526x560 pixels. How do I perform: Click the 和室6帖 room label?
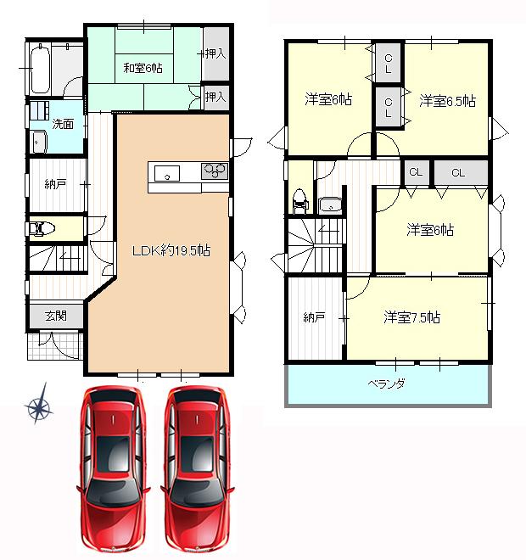tap(143, 68)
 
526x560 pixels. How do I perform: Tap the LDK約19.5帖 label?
tap(171, 250)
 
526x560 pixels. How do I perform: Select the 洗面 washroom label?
tap(63, 124)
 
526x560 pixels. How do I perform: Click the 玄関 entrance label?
tap(56, 316)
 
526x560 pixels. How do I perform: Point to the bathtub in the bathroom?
tap(40, 69)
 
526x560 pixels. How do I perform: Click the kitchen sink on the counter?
tap(167, 174)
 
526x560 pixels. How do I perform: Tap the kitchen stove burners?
tap(215, 171)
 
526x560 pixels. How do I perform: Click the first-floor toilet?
tap(41, 228)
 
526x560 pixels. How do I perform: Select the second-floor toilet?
tap(300, 202)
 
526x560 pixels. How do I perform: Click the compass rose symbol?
tap(39, 404)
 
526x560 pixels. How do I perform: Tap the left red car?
tap(113, 471)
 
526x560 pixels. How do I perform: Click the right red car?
tap(197, 471)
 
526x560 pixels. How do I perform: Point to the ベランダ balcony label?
tap(386, 384)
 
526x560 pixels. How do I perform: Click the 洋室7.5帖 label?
tap(411, 317)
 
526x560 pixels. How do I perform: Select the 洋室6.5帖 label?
tap(447, 101)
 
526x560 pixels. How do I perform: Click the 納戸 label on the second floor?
tap(314, 317)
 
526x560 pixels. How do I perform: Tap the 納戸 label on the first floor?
tap(55, 184)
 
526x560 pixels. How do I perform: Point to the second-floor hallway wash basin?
tap(330, 205)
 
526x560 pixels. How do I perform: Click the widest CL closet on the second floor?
tap(461, 173)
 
